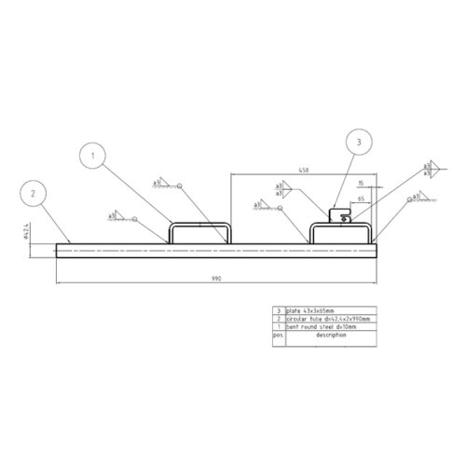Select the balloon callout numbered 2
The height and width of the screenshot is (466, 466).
click(x=34, y=194)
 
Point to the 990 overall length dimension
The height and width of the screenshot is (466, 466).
click(x=215, y=277)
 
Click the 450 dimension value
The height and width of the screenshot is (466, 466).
click(x=304, y=171)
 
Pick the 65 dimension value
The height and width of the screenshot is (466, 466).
click(x=361, y=199)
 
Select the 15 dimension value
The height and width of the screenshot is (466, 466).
click(x=361, y=185)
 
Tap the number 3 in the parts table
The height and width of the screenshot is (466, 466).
click(x=277, y=310)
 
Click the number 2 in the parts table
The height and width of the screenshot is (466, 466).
click(x=277, y=319)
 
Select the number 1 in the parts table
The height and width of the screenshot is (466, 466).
click(x=277, y=327)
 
